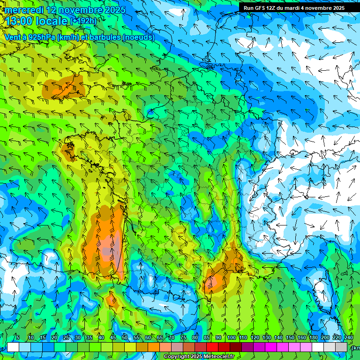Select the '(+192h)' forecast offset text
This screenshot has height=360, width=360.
tap(83, 21)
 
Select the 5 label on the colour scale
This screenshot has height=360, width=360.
tap(17, 337)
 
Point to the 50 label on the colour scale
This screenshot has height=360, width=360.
tap(124, 337)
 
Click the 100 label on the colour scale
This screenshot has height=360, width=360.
tap(231, 337)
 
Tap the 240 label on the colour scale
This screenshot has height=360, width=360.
tap(349, 337)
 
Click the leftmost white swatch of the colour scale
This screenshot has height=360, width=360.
tap(13, 347)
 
